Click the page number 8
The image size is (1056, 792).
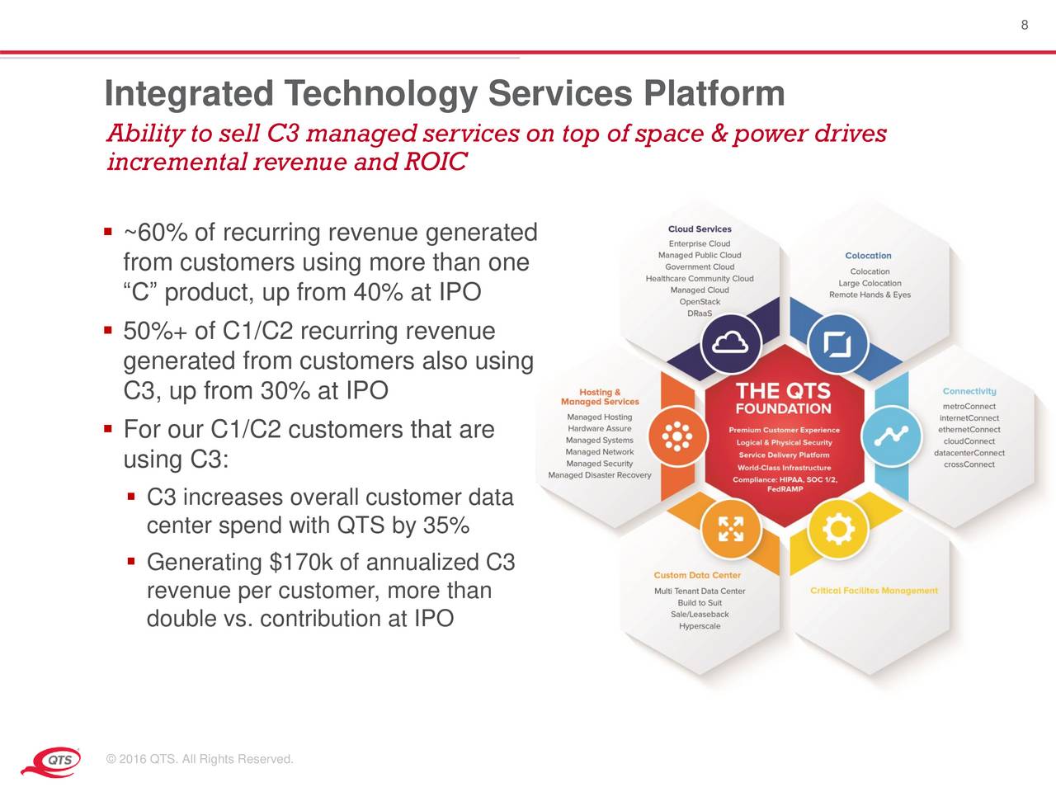tap(1025, 25)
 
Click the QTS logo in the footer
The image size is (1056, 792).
tap(51, 761)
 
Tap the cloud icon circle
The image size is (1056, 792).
tap(730, 344)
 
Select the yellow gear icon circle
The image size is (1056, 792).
tap(838, 529)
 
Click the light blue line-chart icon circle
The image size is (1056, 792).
tap(891, 436)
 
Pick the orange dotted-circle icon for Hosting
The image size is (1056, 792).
tap(677, 436)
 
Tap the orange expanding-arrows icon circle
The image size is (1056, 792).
tap(730, 529)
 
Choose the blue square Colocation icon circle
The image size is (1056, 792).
tap(837, 344)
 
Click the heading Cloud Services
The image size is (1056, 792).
tap(700, 229)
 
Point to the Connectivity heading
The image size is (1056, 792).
tap(969, 391)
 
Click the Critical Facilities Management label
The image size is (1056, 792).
tap(874, 590)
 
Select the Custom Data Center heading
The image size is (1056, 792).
tap(697, 575)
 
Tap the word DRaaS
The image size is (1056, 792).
tap(700, 313)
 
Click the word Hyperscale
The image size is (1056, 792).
tap(700, 626)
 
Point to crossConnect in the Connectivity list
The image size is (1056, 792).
tap(969, 464)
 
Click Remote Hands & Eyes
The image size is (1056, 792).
tap(870, 295)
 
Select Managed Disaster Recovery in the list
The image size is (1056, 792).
tap(600, 475)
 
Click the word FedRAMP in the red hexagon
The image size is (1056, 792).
tap(785, 489)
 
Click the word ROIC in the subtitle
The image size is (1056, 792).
tap(436, 161)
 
